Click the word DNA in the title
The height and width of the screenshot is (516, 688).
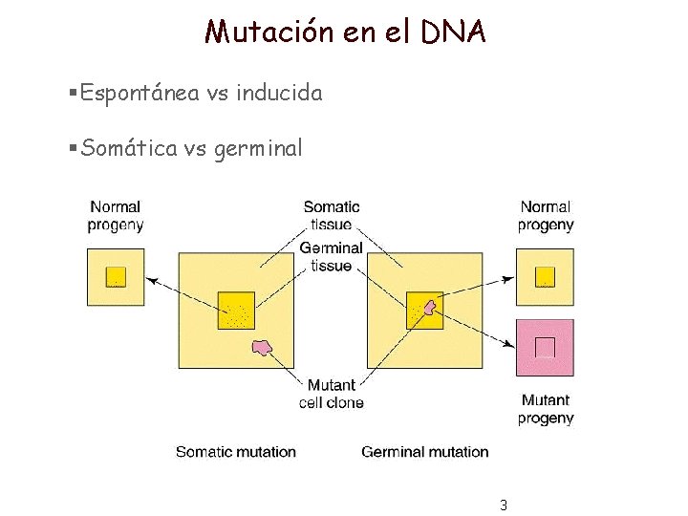452,32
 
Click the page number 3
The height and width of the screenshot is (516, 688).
503,505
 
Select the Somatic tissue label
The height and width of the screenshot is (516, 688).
332,216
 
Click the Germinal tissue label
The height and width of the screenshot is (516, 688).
332,256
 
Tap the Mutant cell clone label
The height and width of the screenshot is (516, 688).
332,394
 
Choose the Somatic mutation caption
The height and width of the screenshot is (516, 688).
236,452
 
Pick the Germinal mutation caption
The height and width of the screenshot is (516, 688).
425,452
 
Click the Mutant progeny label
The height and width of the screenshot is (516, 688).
546,409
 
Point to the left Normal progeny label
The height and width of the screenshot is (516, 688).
116,216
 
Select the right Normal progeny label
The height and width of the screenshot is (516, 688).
546,216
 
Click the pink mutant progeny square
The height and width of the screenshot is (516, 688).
545,348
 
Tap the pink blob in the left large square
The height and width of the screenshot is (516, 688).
261,348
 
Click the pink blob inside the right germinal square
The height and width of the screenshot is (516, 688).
430,308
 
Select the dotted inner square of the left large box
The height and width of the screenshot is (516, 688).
236,310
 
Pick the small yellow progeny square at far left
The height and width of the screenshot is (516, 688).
116,277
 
